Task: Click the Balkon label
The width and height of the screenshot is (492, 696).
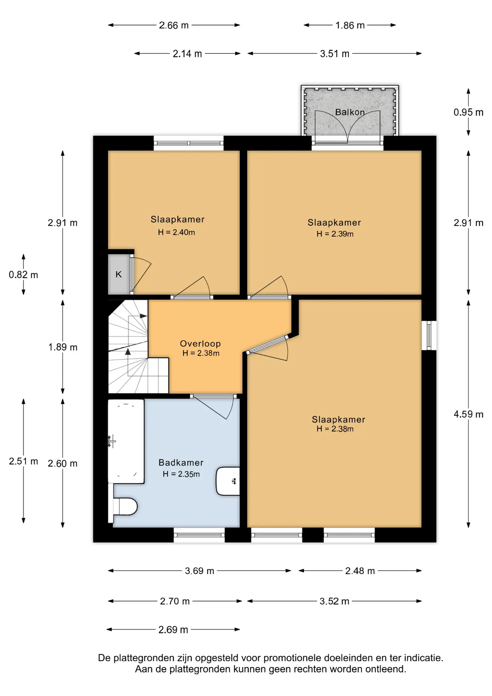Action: pyautogui.click(x=350, y=112)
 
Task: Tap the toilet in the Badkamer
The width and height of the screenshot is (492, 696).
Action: pyautogui.click(x=125, y=506)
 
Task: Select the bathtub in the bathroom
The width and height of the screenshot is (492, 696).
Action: pyautogui.click(x=126, y=441)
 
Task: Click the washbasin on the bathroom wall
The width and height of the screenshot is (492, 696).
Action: pyautogui.click(x=228, y=481)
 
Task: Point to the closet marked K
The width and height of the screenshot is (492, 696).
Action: pyautogui.click(x=119, y=274)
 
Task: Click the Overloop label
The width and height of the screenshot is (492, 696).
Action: pyautogui.click(x=200, y=344)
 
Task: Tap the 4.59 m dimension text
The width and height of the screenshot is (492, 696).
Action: pyautogui.click(x=468, y=414)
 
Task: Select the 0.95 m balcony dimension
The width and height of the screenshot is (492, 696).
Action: pyautogui.click(x=468, y=112)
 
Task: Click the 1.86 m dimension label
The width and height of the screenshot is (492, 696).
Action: pyautogui.click(x=350, y=25)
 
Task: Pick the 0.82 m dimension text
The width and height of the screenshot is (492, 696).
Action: pyautogui.click(x=24, y=275)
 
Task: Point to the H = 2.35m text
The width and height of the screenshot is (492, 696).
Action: pyautogui.click(x=181, y=474)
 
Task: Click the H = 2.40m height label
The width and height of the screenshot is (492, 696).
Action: pyautogui.click(x=176, y=232)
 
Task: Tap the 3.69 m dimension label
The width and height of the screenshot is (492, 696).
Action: pyautogui.click(x=200, y=571)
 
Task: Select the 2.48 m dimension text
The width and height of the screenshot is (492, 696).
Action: pyautogui.click(x=360, y=571)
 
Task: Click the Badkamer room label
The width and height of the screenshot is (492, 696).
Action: pyautogui.click(x=181, y=463)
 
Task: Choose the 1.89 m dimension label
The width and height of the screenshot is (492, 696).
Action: pyautogui.click(x=63, y=347)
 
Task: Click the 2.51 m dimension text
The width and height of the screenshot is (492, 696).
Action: pyautogui.click(x=24, y=461)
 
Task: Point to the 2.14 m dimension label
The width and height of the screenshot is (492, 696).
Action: pyautogui.click(x=187, y=54)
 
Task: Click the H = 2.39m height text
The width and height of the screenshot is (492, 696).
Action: pyautogui.click(x=335, y=234)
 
